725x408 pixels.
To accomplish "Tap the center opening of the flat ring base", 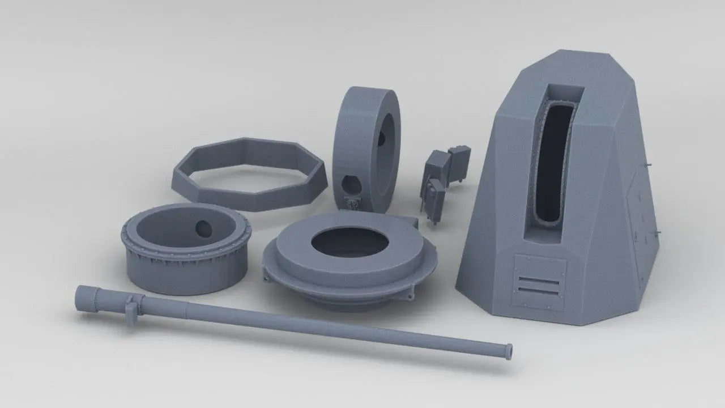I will pyautogui.click(x=349, y=242).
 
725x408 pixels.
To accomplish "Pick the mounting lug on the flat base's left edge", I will pyautogui.click(x=267, y=276).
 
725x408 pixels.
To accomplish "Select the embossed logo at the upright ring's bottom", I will pyautogui.click(x=351, y=202).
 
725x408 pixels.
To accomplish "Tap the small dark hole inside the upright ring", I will pyautogui.click(x=382, y=136).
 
